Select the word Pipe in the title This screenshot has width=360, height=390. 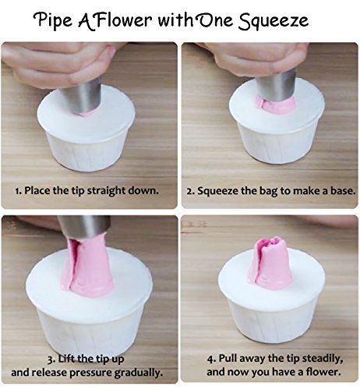tap(53, 20)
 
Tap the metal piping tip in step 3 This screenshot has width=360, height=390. tap(85, 227)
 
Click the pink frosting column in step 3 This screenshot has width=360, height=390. tap(88, 265)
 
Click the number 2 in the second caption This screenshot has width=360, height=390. tap(189, 192)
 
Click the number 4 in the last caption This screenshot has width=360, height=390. tap(210, 359)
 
